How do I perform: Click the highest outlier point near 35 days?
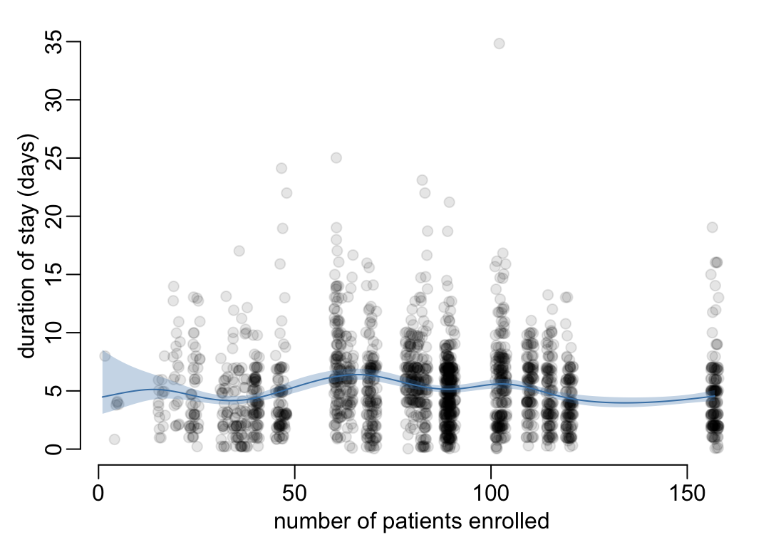(x=499, y=43)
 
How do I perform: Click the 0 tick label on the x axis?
(x=98, y=492)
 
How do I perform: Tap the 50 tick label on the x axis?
(x=294, y=492)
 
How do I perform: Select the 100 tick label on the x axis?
(x=491, y=492)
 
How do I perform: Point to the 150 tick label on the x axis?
(x=687, y=492)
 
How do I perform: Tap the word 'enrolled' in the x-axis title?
(x=509, y=522)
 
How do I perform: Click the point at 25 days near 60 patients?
(x=336, y=157)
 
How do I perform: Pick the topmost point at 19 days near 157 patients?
(x=712, y=227)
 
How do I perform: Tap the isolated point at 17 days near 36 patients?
(x=239, y=251)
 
